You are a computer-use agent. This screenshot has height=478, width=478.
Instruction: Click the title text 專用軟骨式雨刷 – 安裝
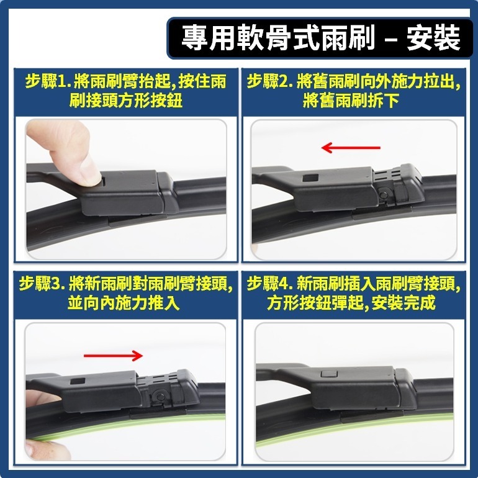[320, 38]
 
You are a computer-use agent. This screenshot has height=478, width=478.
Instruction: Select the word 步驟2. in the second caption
[269, 82]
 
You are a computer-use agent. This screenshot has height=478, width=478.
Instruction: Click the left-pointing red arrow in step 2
[351, 148]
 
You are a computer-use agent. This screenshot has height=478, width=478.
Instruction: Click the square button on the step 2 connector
[310, 178]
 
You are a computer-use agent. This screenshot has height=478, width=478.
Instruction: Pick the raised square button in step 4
[328, 374]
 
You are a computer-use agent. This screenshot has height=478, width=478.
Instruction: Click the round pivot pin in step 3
[160, 395]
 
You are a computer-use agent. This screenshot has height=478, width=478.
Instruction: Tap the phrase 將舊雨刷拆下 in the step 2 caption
[351, 101]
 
